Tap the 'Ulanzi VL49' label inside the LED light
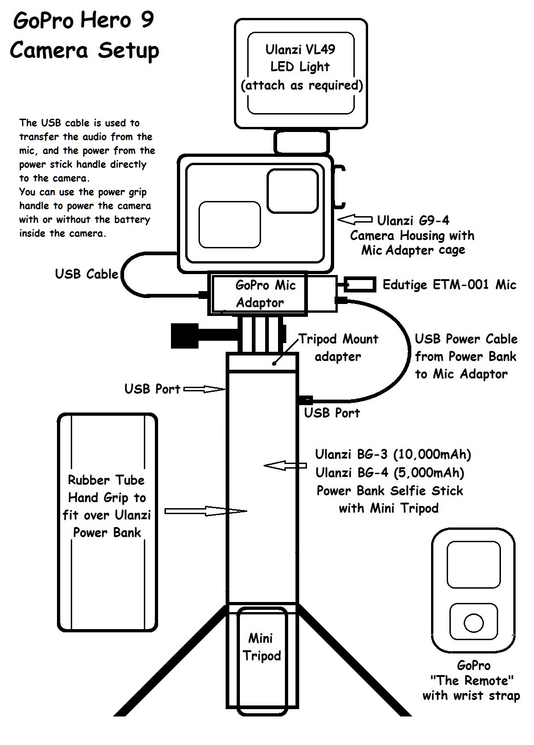click(300, 49)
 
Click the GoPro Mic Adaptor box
click(258, 294)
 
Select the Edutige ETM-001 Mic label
click(449, 285)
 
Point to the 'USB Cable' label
click(86, 274)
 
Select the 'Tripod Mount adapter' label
click(338, 348)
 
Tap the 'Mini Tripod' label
click(261, 647)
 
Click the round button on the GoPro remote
click(473, 623)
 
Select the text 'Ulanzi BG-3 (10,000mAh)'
click(393, 455)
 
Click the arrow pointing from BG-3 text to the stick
click(285, 465)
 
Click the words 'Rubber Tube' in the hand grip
click(106, 480)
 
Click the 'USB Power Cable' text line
click(466, 339)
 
